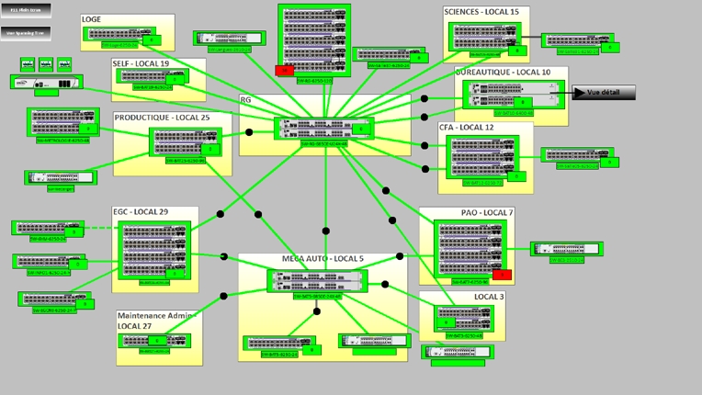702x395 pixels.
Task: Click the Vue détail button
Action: click(x=604, y=93)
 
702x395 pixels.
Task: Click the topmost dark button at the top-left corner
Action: click(x=26, y=10)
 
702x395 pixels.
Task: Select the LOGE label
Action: click(x=92, y=19)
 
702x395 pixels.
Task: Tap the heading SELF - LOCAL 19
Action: click(x=141, y=63)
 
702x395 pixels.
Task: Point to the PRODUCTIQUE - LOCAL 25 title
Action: click(x=162, y=118)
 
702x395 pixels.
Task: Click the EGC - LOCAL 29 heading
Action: click(x=141, y=212)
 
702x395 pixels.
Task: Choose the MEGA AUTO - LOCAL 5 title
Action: click(x=323, y=259)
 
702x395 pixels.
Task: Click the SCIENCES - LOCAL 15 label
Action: click(x=481, y=12)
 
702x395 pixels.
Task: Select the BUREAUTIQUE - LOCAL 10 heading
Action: click(x=503, y=72)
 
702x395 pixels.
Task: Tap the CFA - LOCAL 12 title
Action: click(x=466, y=128)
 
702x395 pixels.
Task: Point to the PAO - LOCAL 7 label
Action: click(x=487, y=213)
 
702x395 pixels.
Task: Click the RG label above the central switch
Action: click(x=245, y=99)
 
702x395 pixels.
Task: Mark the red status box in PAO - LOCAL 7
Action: click(x=502, y=275)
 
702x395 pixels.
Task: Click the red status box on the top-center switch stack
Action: click(x=284, y=70)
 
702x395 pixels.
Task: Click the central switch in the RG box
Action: click(x=323, y=130)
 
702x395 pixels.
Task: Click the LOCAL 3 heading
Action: click(x=489, y=297)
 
